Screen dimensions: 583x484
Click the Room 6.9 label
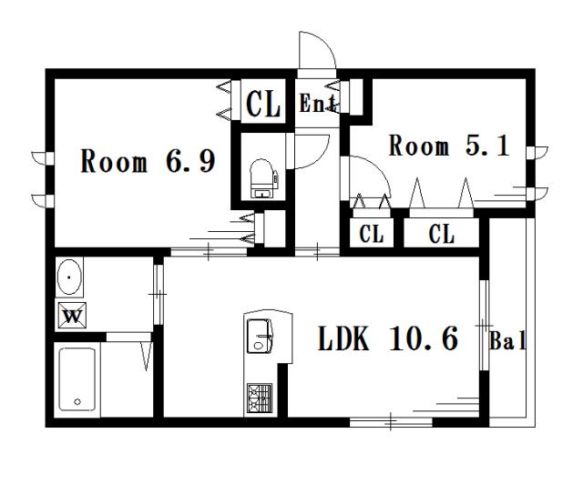[148, 161]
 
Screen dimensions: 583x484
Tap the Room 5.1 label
[449, 146]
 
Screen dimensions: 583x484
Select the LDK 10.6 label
[388, 338]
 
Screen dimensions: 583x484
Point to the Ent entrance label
[318, 103]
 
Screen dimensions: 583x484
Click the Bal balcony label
[507, 340]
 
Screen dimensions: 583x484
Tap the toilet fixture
[262, 178]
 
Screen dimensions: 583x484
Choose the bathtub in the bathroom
[77, 379]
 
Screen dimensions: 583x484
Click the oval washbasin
[69, 277]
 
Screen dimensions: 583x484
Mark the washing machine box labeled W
[73, 316]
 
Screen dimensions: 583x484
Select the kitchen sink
[261, 336]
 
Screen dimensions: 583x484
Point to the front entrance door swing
[318, 50]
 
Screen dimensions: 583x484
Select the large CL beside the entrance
[263, 104]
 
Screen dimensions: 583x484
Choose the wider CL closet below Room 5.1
[441, 234]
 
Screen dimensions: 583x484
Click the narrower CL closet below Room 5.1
[372, 234]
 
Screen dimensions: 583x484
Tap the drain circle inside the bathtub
[77, 401]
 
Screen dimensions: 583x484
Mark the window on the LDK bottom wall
[391, 422]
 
